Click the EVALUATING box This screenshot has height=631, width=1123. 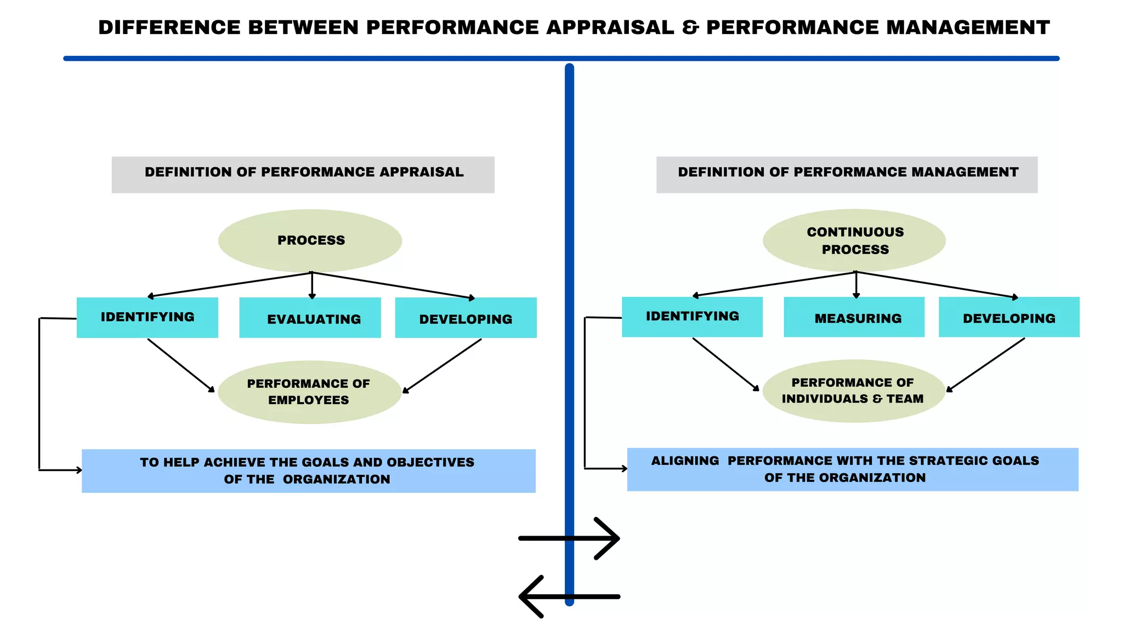pyautogui.click(x=310, y=318)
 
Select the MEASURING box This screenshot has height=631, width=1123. pyautogui.click(x=854, y=317)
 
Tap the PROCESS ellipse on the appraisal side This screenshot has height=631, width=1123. pyautogui.click(x=310, y=240)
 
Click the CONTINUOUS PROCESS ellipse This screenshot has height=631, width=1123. pyautogui.click(x=854, y=240)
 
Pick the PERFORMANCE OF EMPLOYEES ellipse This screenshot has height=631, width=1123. pyautogui.click(x=309, y=392)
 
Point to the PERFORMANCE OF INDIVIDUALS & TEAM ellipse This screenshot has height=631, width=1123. pyautogui.click(x=853, y=391)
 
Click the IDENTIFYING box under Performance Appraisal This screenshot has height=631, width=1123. pyautogui.click(x=147, y=317)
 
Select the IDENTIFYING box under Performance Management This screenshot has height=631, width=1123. pyautogui.click(x=692, y=317)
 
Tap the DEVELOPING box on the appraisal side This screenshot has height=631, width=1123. pyautogui.click(x=466, y=318)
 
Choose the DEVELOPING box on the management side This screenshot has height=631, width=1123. pyautogui.click(x=1009, y=317)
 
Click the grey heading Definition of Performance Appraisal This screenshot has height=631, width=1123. pyautogui.click(x=303, y=174)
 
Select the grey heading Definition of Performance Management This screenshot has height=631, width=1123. pyautogui.click(x=847, y=174)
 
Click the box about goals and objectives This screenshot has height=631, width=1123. pyautogui.click(x=308, y=471)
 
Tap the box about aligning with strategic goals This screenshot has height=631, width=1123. pyautogui.click(x=852, y=469)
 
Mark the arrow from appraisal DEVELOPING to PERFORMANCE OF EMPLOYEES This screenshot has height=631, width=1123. pyautogui.click(x=442, y=365)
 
